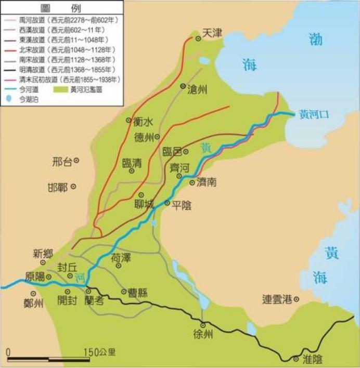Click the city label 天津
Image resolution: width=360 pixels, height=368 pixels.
click(x=212, y=33)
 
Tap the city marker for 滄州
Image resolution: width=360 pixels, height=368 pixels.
click(x=183, y=86)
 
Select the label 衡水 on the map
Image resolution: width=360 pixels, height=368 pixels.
click(x=144, y=122)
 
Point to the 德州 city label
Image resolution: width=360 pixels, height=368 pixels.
click(x=144, y=138)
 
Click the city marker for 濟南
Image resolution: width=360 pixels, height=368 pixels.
click(x=192, y=182)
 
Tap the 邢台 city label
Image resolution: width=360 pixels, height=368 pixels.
click(x=63, y=162)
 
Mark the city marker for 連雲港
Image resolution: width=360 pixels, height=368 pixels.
click(x=297, y=299)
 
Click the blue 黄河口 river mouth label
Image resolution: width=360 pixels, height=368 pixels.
click(x=314, y=114)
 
